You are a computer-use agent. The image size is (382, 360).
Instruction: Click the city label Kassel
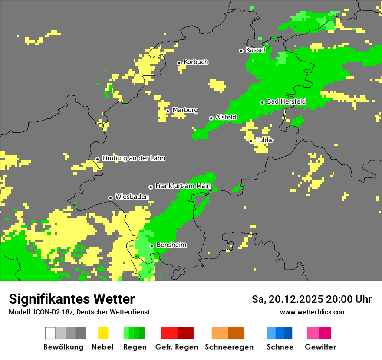[x=255, y=50]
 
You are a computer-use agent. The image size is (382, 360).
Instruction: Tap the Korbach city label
[x=196, y=62]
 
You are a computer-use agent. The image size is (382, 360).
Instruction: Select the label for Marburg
[x=185, y=110]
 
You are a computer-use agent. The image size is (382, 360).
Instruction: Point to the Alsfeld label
[x=226, y=117]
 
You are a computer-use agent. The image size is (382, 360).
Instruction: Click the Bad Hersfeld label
[x=286, y=101]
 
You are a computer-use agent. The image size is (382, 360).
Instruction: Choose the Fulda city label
[x=264, y=140]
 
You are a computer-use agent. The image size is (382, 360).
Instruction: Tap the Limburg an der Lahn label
[x=133, y=158]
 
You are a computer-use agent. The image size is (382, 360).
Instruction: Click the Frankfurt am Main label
[x=183, y=186]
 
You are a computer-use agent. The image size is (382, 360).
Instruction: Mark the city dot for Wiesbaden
[x=111, y=198]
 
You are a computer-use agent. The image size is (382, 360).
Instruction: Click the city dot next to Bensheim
[x=151, y=246]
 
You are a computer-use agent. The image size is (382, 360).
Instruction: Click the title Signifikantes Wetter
[x=72, y=299]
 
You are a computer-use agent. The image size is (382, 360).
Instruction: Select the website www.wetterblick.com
[x=313, y=312]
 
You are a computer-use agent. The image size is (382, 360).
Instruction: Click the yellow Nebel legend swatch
[x=103, y=333]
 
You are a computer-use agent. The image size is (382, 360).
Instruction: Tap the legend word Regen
[x=134, y=347]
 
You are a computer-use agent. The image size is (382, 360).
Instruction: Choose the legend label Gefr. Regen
[x=177, y=347]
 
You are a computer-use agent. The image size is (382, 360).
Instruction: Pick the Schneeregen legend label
[x=229, y=347]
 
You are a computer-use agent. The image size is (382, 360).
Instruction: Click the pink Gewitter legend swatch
[x=319, y=333]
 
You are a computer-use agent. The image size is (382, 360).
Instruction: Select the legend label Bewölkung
[x=63, y=347]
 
